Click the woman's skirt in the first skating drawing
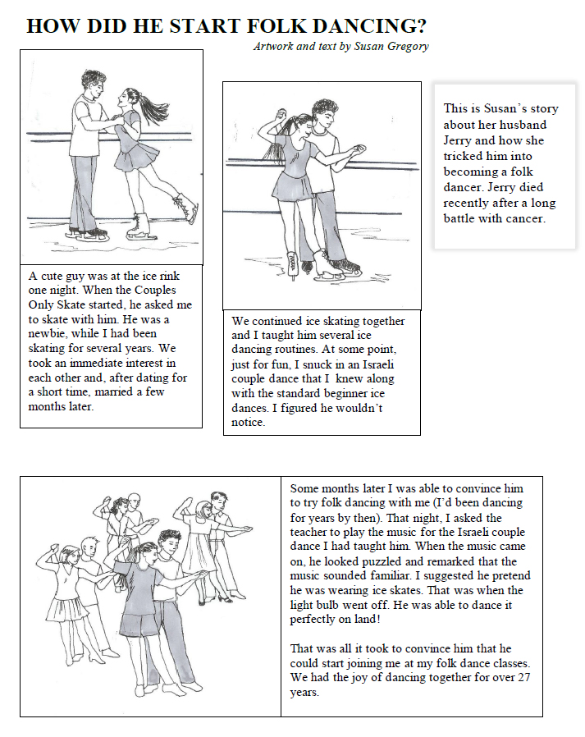[x=135, y=154]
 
